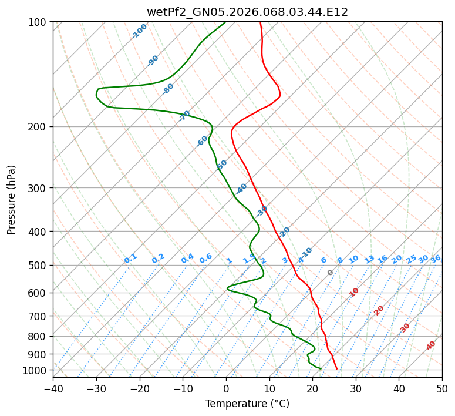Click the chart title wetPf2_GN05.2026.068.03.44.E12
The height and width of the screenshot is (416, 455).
[247, 12]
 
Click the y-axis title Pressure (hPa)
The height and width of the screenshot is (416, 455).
[12, 200]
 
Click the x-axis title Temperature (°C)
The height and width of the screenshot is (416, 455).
[247, 404]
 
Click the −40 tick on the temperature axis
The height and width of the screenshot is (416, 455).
[53, 388]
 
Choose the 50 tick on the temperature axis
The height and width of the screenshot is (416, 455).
[442, 388]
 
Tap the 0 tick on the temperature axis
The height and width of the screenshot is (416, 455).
[226, 388]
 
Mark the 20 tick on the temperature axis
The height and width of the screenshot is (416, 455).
[312, 388]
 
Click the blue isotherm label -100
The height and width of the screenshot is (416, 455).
[139, 31]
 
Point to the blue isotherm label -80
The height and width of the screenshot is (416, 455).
[168, 89]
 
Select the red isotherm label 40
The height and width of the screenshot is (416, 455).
[431, 345]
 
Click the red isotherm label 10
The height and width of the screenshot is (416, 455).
[354, 292]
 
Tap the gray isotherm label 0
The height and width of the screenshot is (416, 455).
[331, 273]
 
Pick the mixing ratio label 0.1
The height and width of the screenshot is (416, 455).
[130, 258]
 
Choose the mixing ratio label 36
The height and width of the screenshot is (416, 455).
[436, 259]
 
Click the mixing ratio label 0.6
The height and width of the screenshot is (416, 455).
[205, 259]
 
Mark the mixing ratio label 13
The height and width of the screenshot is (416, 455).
[369, 259]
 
